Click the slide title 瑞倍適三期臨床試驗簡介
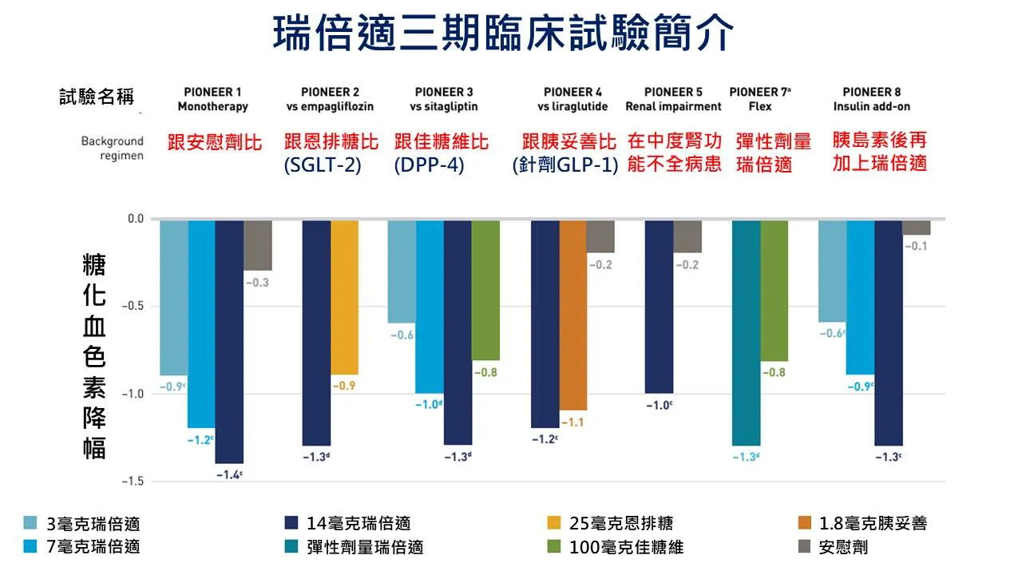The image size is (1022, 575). [503, 34]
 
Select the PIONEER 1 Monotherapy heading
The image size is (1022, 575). [212, 99]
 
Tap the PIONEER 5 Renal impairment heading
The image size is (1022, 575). [673, 99]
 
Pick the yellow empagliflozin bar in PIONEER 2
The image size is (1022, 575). [344, 297]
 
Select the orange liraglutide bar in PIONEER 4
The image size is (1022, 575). [572, 315]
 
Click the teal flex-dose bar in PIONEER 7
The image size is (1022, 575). [746, 332]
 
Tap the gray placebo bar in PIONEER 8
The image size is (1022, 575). [916, 228]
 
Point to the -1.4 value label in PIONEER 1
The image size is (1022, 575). [228, 474]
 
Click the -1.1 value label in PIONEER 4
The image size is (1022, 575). [572, 422]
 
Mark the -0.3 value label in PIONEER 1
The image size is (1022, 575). [258, 283]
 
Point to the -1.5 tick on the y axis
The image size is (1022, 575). [135, 482]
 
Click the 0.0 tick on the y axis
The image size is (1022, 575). [137, 219]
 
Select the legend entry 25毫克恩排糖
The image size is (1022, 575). [621, 523]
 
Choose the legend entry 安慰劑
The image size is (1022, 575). [843, 547]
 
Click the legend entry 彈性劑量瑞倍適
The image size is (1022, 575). [365, 547]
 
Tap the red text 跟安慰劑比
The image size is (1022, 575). [215, 142]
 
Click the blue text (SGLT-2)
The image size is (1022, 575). [323, 165]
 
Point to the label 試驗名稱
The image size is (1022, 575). [97, 97]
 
